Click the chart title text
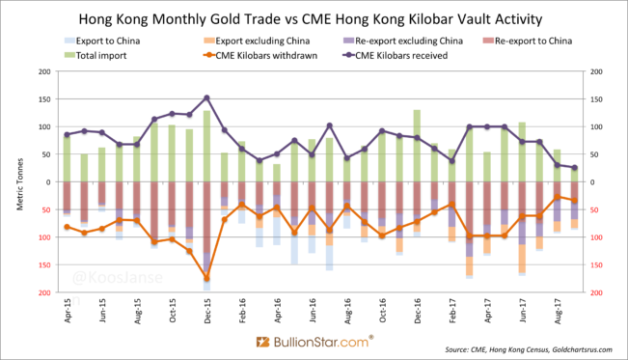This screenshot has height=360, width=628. (x=314, y=18)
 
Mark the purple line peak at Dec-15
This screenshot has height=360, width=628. (x=206, y=97)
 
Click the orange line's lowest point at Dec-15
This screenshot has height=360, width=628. (x=206, y=278)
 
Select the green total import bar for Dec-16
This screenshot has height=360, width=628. (x=417, y=145)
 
